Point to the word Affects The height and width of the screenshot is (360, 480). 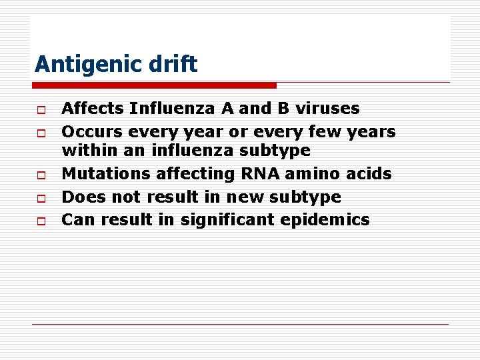93,108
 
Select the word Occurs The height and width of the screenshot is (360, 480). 90,132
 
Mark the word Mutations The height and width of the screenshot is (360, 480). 105,174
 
